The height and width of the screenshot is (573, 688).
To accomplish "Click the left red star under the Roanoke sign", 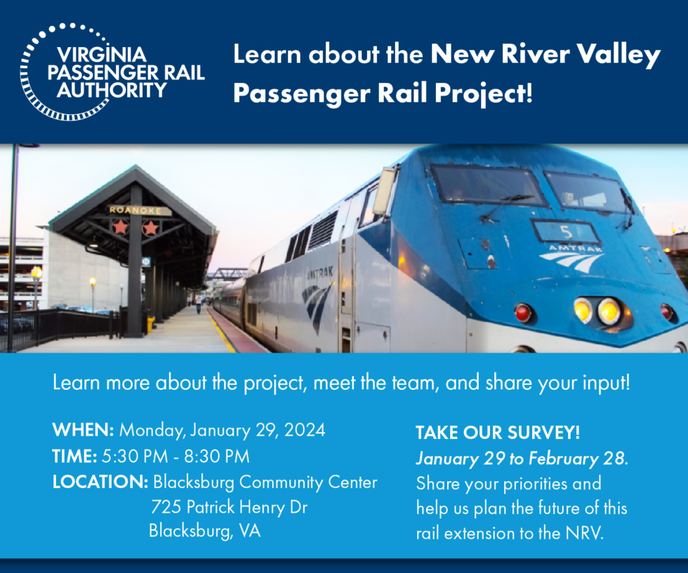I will pos(120,227).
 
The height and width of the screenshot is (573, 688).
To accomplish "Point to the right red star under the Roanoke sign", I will pos(150,227).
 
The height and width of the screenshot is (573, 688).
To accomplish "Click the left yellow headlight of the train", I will pos(583,309).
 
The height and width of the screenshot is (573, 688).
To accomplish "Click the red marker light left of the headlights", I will pos(523,312).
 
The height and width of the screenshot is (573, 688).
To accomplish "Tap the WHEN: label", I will pos(84,430).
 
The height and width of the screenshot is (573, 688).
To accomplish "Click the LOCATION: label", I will pos(100,483).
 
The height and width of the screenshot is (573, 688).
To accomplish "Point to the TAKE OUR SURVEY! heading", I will pos(498,433).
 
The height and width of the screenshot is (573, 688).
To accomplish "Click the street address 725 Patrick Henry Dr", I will pos(229,507).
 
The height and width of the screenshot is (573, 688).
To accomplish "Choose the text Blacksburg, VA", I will pos(204,531).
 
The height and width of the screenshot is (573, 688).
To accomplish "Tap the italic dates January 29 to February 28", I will pos(521,459).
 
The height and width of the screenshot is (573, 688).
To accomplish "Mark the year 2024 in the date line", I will pos(303,430).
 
